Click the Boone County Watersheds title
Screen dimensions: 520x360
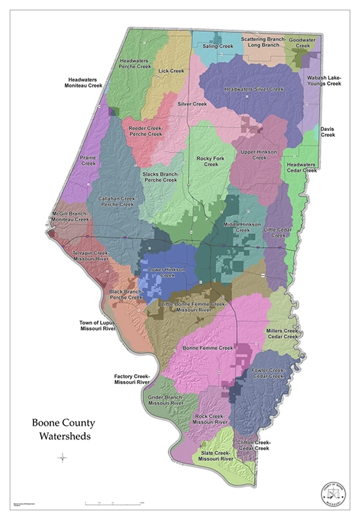point(63,429)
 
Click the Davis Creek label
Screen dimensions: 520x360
point(328,132)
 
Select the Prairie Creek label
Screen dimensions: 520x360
point(89,161)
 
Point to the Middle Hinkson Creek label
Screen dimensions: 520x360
point(242,226)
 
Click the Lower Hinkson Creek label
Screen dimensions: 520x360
point(167,272)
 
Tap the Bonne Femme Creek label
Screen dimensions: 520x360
point(209,348)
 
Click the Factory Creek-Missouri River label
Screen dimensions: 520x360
point(131,379)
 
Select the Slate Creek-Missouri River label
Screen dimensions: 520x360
point(217,454)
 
